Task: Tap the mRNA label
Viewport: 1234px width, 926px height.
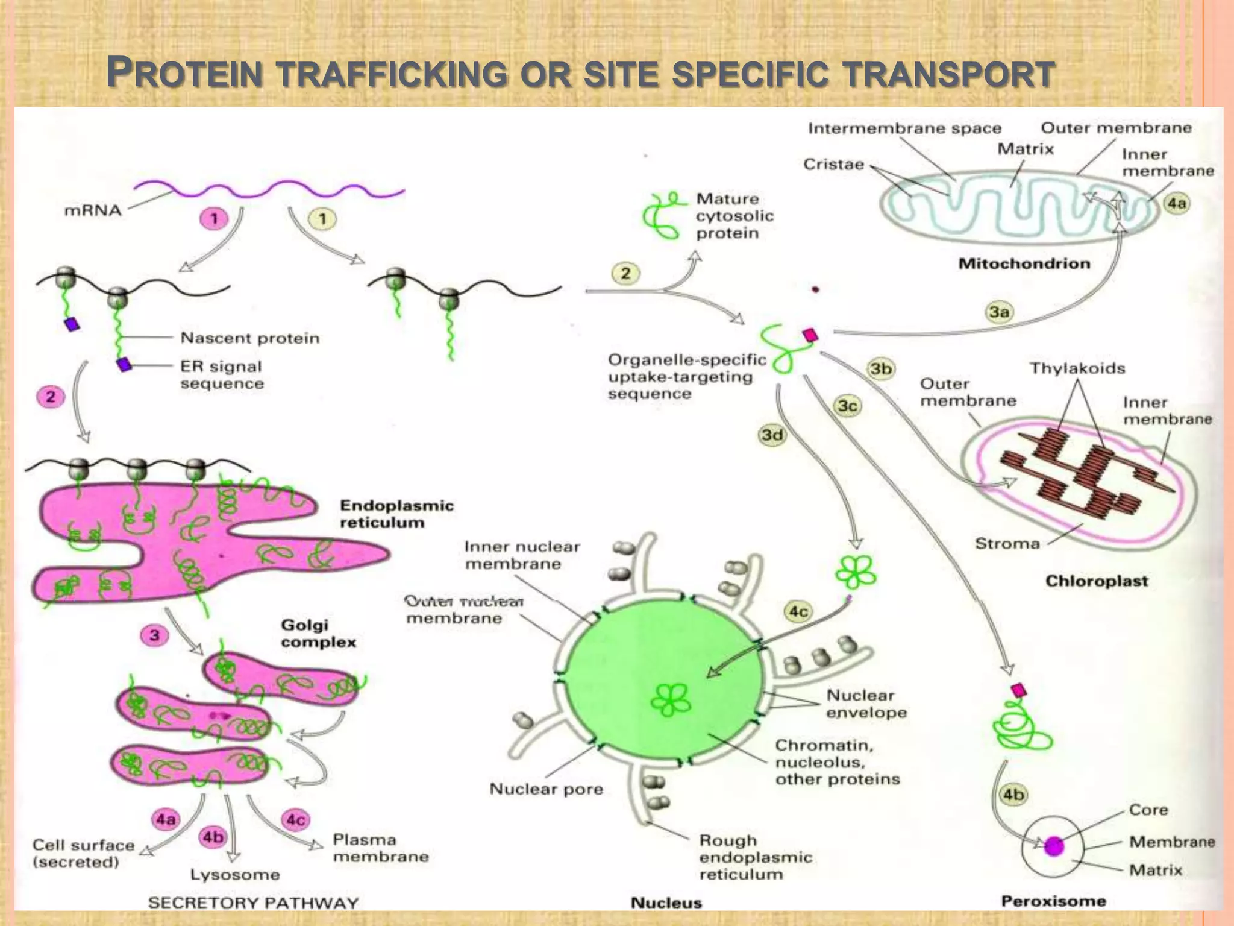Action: [93, 210]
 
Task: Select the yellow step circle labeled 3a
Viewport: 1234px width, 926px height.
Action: [999, 312]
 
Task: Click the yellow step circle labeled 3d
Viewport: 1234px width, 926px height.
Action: [772, 435]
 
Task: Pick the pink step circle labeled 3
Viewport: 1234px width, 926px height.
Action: [155, 635]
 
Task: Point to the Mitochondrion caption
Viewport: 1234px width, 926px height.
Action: [1024, 263]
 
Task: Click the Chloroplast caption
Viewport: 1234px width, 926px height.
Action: [1097, 581]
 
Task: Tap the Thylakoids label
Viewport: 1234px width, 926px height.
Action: [1077, 368]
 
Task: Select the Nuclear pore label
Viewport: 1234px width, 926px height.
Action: [546, 789]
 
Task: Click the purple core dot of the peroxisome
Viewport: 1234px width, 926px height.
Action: [1054, 846]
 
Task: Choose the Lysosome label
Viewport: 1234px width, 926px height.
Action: [235, 874]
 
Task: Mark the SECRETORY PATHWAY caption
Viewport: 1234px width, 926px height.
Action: [253, 902]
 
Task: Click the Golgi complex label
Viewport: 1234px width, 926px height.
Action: [318, 633]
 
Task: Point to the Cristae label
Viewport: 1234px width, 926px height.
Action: [833, 164]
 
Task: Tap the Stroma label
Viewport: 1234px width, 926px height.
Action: [1007, 544]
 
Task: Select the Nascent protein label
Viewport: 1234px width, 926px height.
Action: [250, 338]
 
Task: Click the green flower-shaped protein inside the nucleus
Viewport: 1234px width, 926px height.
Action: [671, 701]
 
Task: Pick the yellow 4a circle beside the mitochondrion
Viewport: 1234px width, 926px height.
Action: [1177, 203]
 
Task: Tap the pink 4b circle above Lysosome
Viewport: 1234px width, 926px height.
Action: [213, 837]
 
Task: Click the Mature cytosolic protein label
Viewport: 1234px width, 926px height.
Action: [734, 216]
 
